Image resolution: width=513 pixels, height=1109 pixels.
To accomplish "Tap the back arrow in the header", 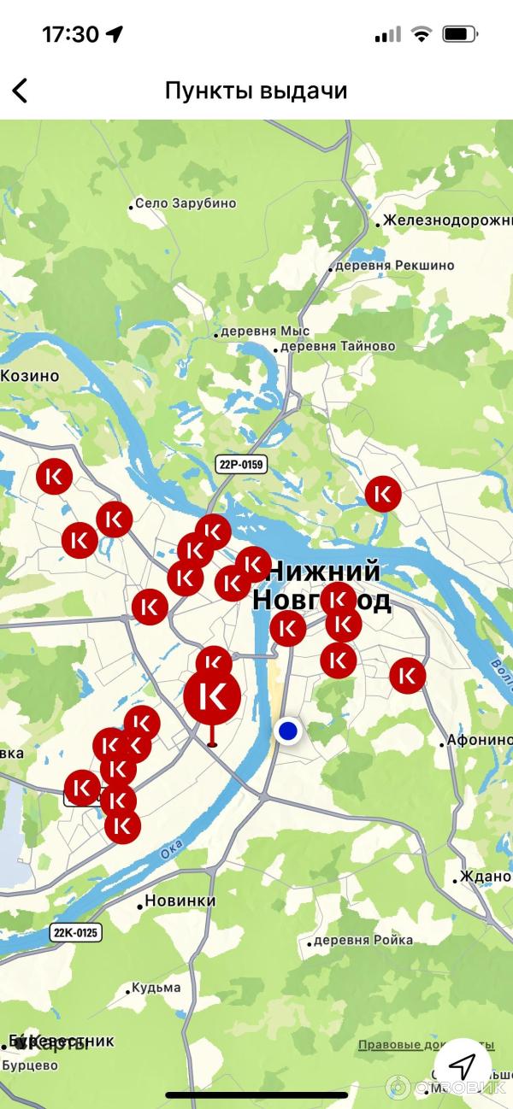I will tap(20, 91).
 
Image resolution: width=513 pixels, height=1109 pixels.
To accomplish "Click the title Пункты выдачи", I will tap(256, 91).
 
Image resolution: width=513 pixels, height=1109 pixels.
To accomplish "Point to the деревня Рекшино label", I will tap(394, 266).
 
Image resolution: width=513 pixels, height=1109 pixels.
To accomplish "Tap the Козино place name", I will tap(30, 376).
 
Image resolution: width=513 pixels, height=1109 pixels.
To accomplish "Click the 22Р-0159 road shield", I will tap(241, 465).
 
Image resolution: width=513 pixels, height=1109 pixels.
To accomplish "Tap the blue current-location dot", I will tap(288, 731).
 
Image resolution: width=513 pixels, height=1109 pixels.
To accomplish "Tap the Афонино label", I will tap(480, 740).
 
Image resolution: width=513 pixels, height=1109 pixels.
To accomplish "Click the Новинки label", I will tap(180, 901).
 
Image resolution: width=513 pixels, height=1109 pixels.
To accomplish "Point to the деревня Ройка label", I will tap(363, 940).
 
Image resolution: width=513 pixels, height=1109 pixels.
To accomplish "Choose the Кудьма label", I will tap(156, 988).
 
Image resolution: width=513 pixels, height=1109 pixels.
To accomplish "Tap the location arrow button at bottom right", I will tap(463, 1065).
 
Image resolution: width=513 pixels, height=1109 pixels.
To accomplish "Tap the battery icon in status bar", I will tap(460, 34).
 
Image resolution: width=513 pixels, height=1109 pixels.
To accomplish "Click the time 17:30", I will tap(70, 34).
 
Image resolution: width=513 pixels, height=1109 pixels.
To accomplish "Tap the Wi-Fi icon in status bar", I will tap(421, 34).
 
